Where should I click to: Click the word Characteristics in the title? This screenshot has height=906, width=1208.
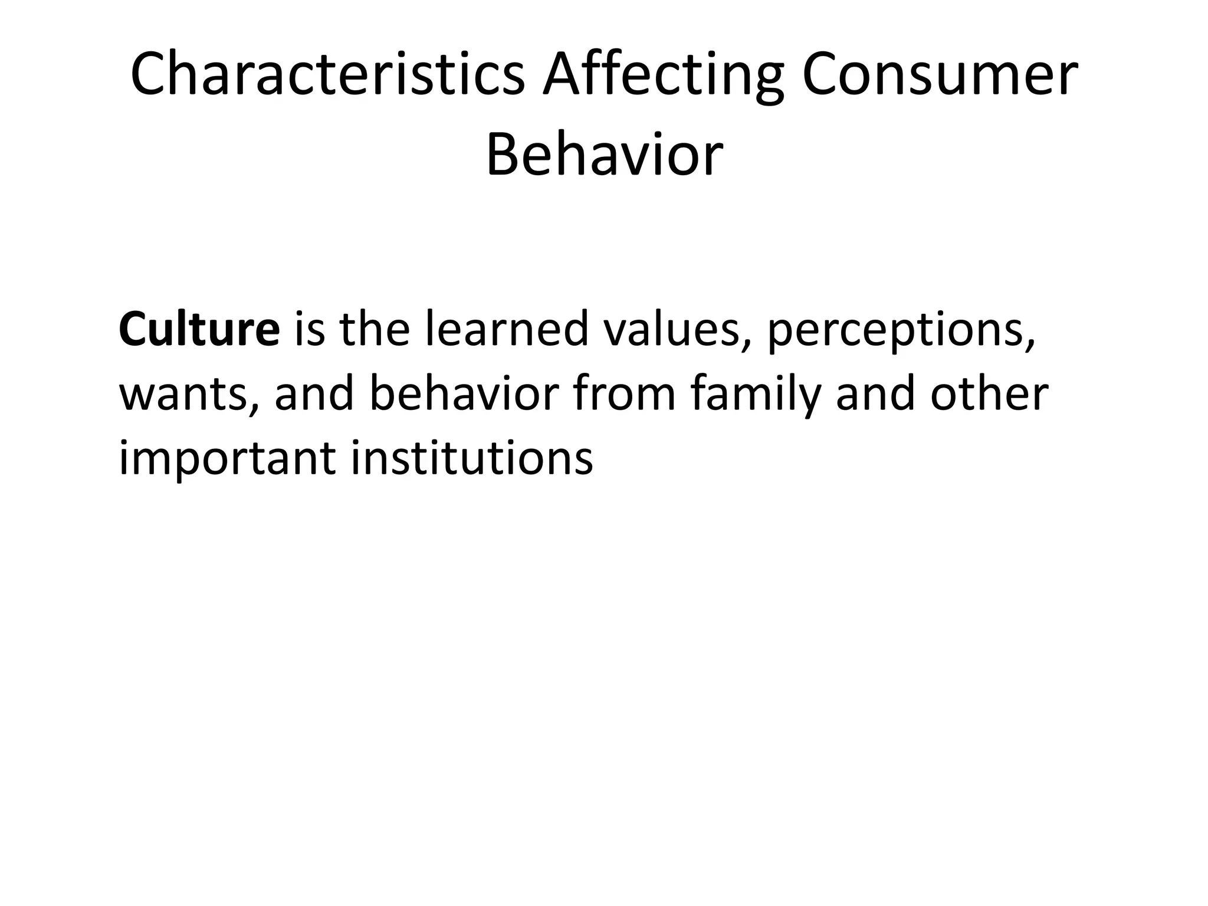click(327, 75)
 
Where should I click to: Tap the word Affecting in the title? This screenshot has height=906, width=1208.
click(664, 75)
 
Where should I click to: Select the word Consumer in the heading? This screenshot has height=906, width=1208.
click(940, 75)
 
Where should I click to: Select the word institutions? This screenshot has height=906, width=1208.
click(472, 459)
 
